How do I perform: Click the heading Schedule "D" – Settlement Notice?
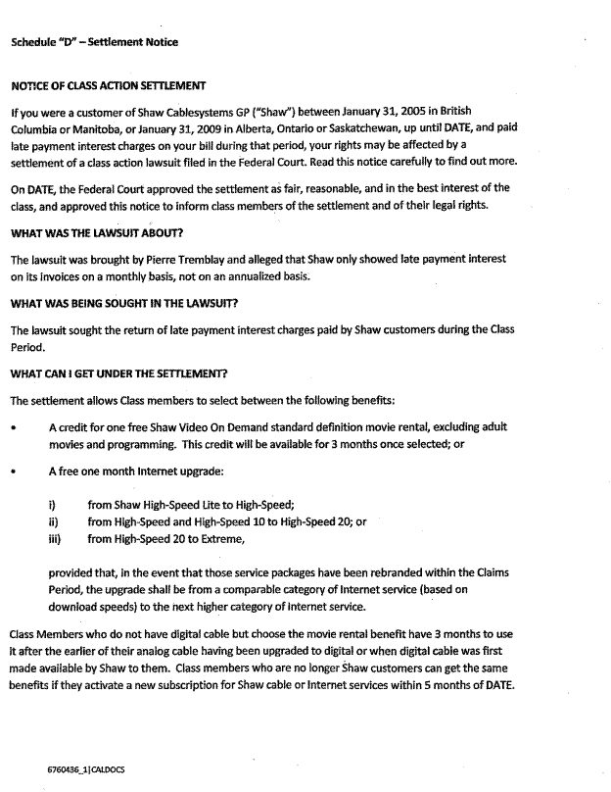pyautogui.click(x=95, y=42)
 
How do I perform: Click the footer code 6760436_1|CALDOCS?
pyautogui.click(x=86, y=769)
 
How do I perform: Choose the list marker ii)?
pyautogui.click(x=54, y=522)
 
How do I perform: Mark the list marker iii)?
pyautogui.click(x=56, y=538)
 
